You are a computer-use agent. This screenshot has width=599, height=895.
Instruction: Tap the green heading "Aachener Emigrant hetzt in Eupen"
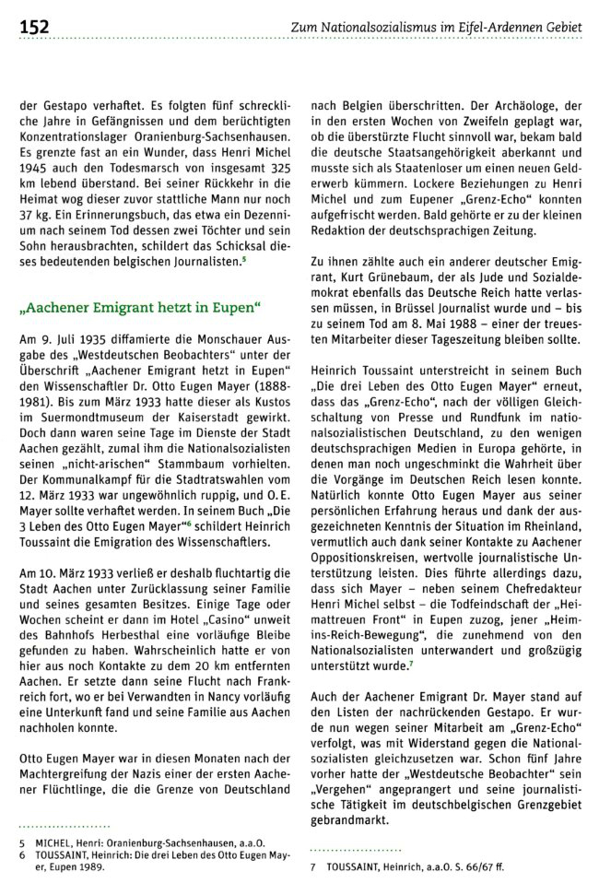pyautogui.click(x=141, y=304)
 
